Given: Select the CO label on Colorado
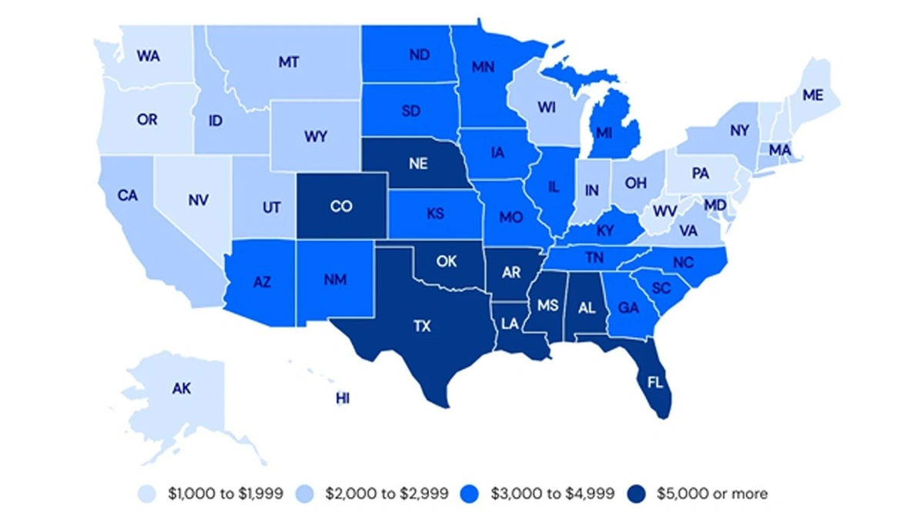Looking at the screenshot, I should tap(341, 206).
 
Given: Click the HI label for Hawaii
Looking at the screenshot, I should tap(343, 398).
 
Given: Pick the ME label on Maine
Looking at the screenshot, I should tap(812, 96).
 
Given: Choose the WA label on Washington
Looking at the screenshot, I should tap(148, 56).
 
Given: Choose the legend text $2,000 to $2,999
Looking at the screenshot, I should tap(386, 493).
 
